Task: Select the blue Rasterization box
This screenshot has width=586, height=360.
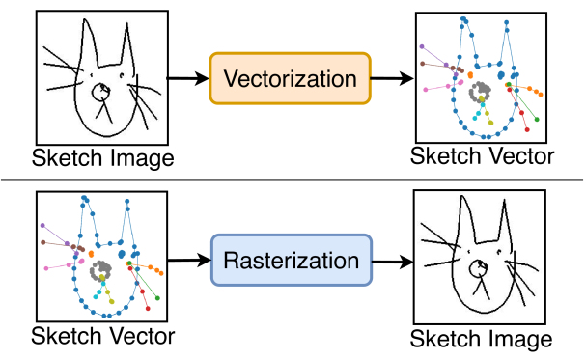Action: [x=291, y=261]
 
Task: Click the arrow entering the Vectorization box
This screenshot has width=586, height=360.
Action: [x=188, y=78]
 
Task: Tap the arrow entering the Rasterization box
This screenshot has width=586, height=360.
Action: [x=188, y=261]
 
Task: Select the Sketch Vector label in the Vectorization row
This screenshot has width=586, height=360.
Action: [x=483, y=157]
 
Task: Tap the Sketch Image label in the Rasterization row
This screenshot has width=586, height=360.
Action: [x=482, y=339]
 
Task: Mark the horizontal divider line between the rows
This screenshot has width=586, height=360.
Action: [x=293, y=179]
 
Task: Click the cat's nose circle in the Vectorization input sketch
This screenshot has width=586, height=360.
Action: [x=100, y=93]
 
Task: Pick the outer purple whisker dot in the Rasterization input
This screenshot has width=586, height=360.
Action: [x=43, y=225]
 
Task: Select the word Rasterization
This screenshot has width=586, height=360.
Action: [x=291, y=261]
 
